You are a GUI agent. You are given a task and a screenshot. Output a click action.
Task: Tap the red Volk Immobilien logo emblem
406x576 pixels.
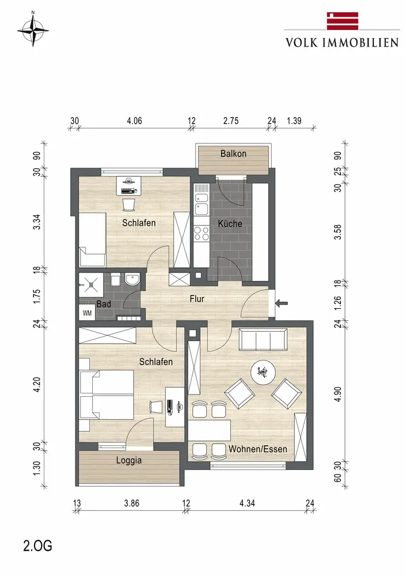[x=343, y=21]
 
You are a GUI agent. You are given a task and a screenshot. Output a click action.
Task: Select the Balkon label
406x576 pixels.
[x=233, y=154]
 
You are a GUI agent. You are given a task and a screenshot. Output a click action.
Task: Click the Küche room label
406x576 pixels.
[x=230, y=223]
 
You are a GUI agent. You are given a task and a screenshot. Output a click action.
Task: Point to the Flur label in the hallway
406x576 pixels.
[x=197, y=299]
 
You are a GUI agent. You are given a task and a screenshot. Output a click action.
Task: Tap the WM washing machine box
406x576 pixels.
[x=87, y=313]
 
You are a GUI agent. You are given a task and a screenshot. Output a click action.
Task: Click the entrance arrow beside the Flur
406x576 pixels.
[x=282, y=304]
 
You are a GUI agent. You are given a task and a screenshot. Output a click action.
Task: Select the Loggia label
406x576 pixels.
[x=128, y=460]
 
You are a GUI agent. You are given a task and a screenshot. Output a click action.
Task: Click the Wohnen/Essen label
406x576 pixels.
[x=257, y=449]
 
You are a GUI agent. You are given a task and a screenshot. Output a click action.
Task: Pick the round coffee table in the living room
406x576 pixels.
[x=263, y=373]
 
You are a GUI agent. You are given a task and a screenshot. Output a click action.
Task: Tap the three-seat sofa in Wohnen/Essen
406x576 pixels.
[x=263, y=340]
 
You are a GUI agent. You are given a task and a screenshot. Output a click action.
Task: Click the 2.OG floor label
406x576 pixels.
[x=37, y=546]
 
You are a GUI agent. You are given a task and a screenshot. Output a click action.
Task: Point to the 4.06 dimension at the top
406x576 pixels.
[x=135, y=121]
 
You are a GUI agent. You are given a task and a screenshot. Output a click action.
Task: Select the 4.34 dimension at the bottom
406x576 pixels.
[x=247, y=503]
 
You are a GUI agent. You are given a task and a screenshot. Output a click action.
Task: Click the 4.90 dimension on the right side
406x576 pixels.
[x=337, y=394]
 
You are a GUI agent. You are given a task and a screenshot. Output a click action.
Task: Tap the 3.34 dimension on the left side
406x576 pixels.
[x=37, y=222]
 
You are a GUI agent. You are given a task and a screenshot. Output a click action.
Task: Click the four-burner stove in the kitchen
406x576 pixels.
[x=201, y=234]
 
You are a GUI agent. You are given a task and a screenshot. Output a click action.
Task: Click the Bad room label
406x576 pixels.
[x=104, y=304]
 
